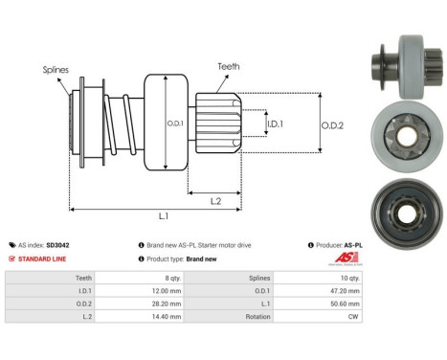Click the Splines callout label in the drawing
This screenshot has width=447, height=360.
coord(56,69)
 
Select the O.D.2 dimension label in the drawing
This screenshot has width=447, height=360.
coord(332,123)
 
